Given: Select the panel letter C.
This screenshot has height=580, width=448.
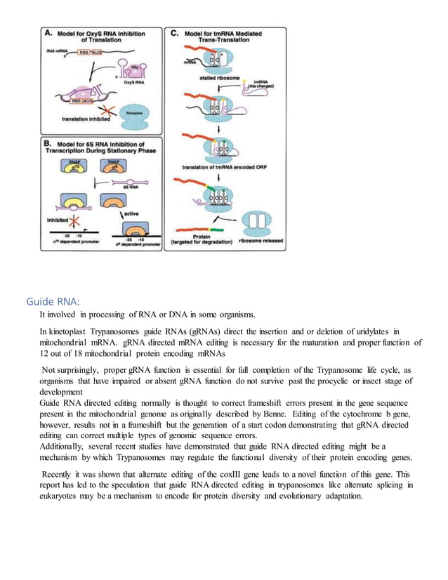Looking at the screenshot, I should pos(173,32).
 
